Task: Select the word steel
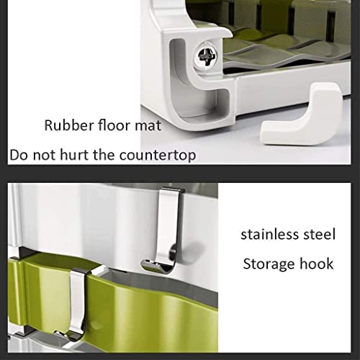coord(318,234)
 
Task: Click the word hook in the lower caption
coord(316,263)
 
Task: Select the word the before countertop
coord(109,154)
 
